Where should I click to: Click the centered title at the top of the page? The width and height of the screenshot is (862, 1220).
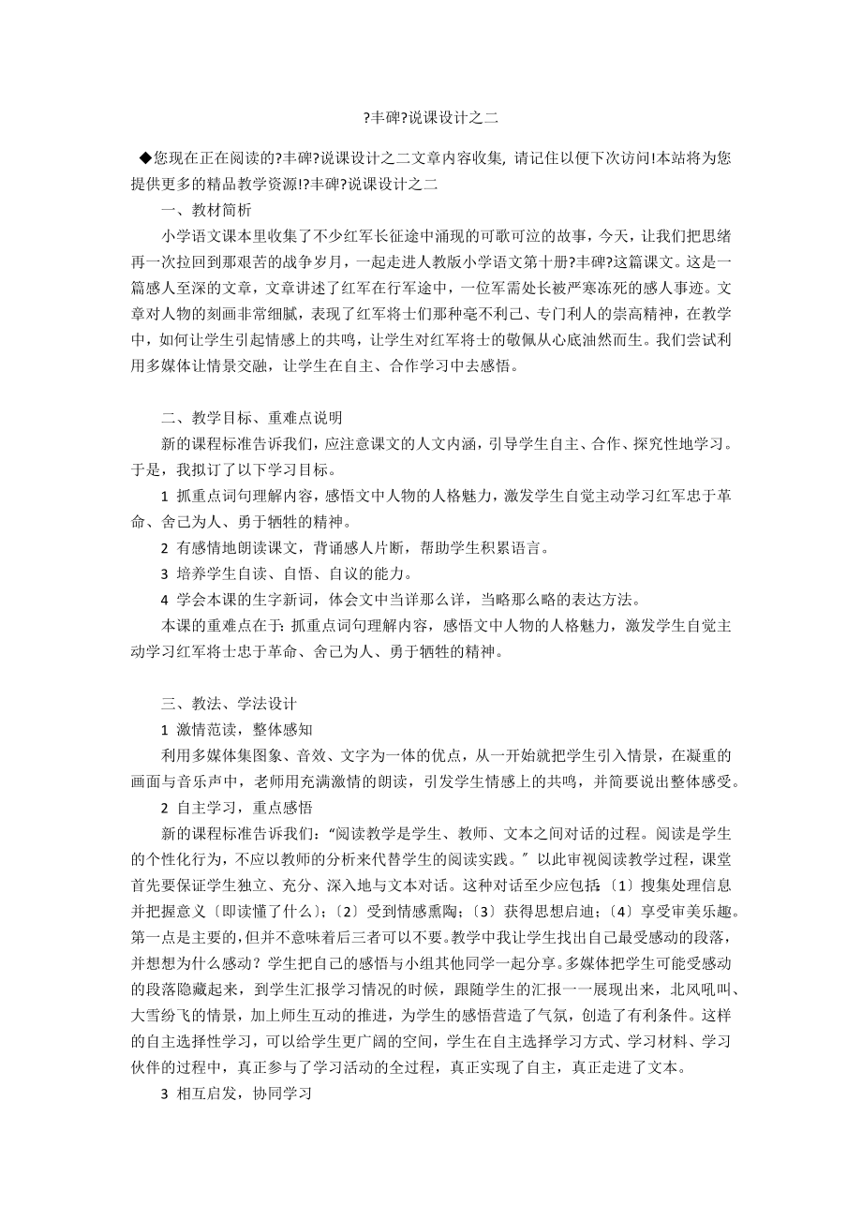pos(430,118)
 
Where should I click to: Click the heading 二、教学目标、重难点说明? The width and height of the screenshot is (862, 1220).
pos(252,417)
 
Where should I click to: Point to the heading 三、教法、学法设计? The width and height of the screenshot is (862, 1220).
pos(230,702)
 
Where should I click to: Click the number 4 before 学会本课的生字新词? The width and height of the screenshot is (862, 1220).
pos(165,599)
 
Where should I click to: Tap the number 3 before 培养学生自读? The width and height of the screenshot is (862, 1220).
pos(165,573)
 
